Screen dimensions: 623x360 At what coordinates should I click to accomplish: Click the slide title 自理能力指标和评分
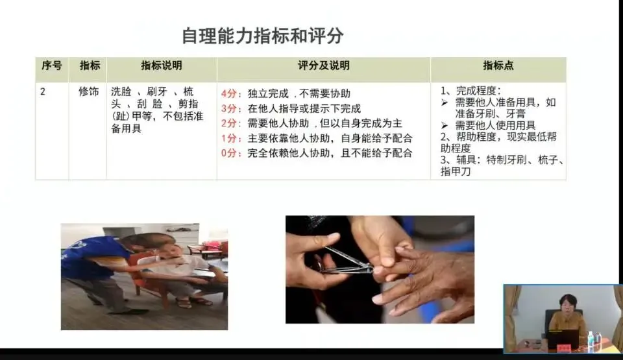(263, 36)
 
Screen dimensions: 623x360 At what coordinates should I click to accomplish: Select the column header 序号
(52, 66)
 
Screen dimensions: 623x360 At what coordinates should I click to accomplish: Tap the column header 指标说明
(162, 66)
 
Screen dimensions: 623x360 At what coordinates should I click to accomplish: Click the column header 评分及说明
(323, 66)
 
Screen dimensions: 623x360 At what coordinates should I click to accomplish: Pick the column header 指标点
(498, 66)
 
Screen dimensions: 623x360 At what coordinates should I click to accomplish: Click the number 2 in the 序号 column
(43, 92)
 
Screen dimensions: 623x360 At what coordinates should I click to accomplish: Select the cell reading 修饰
(89, 92)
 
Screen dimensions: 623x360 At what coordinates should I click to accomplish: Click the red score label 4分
(229, 94)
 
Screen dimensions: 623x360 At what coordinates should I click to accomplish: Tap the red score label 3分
(229, 108)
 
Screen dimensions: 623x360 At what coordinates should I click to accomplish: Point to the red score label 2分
(229, 123)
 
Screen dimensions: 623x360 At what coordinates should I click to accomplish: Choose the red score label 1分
(229, 138)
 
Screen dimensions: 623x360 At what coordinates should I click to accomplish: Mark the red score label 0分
(229, 153)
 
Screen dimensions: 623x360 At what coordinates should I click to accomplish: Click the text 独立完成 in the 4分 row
(268, 94)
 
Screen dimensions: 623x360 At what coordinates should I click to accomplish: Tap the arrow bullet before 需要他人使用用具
(445, 126)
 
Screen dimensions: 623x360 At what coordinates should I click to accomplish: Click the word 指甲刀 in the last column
(456, 172)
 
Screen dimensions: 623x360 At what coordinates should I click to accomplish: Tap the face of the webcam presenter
(567, 304)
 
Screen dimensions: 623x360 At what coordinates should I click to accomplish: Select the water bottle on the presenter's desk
(591, 341)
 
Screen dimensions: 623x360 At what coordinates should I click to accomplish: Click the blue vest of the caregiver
(93, 258)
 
